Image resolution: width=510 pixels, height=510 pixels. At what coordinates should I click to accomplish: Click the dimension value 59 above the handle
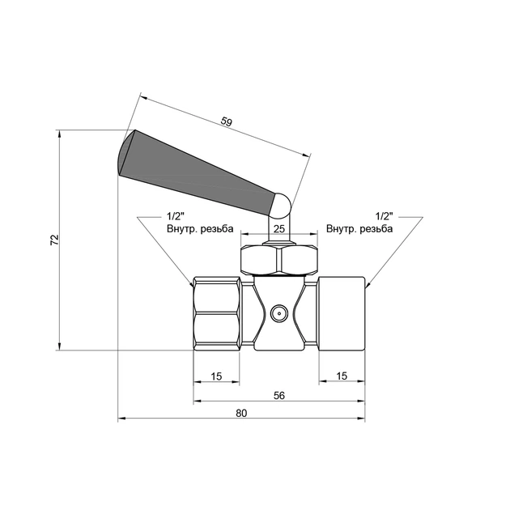227,122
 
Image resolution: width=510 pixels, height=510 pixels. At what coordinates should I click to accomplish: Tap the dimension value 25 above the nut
278,230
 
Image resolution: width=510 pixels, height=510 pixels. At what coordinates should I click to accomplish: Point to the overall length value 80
241,413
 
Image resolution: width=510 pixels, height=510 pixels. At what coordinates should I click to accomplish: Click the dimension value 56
278,395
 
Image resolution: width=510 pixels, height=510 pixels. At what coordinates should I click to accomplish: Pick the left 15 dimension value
216,376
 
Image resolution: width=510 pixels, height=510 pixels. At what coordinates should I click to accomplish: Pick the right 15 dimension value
341,376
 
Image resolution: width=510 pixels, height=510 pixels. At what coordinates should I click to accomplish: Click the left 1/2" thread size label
176,217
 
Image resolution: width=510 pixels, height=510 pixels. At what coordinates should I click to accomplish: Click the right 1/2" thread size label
384,217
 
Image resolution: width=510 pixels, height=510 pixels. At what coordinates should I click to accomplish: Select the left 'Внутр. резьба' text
200,229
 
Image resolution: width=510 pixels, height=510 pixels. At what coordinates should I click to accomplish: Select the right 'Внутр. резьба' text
359,229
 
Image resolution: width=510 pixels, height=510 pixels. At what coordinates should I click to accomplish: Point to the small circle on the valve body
278,312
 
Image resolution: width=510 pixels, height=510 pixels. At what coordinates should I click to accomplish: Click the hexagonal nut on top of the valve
278,259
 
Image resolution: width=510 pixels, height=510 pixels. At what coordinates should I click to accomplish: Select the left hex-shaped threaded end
217,312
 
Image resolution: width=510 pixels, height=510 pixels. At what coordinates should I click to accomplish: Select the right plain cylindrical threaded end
341,312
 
